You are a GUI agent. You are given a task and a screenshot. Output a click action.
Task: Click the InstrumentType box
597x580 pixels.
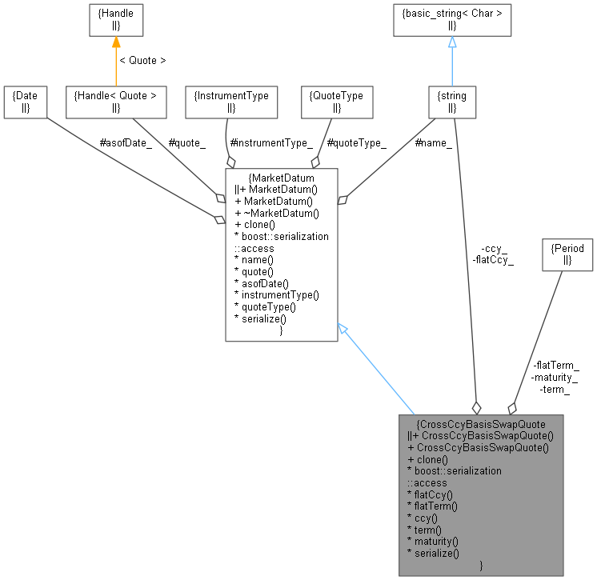231,101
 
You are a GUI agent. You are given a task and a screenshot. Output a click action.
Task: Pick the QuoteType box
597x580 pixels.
336,101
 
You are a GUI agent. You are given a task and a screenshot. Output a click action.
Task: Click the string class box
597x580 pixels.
453,101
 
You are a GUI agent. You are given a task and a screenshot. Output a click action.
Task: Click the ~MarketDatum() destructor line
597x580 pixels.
277,212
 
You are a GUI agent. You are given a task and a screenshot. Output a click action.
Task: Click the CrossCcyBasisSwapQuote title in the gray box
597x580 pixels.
481,423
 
